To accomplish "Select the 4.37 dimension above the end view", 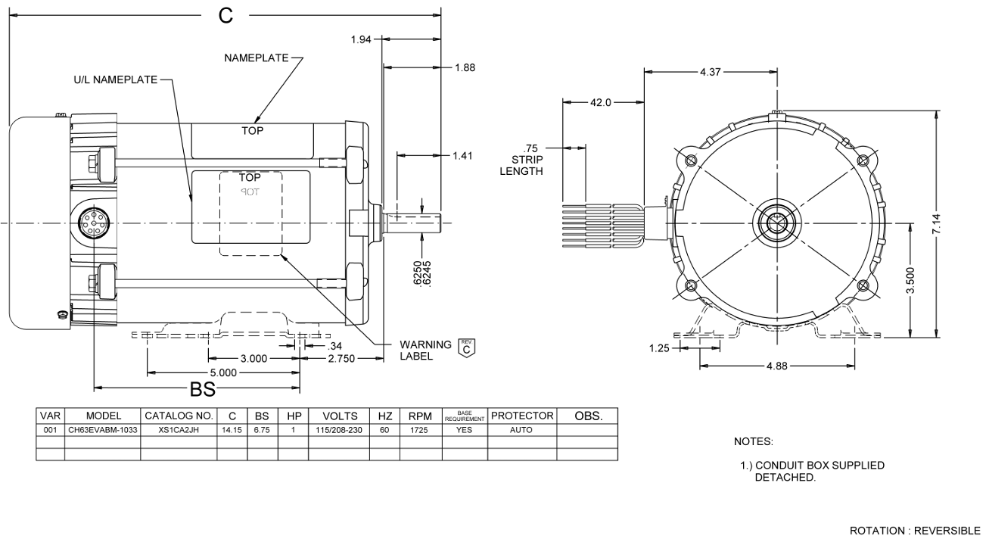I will tap(711, 72).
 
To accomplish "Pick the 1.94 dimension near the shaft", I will tap(361, 39).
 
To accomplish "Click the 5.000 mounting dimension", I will tap(224, 372).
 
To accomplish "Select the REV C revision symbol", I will tap(468, 348).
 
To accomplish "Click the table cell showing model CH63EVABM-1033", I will tap(104, 430).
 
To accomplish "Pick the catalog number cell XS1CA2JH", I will tap(179, 430).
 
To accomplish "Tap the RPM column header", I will tap(419, 416).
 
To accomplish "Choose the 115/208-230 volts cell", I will tap(339, 430).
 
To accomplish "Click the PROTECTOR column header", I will tap(523, 416).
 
